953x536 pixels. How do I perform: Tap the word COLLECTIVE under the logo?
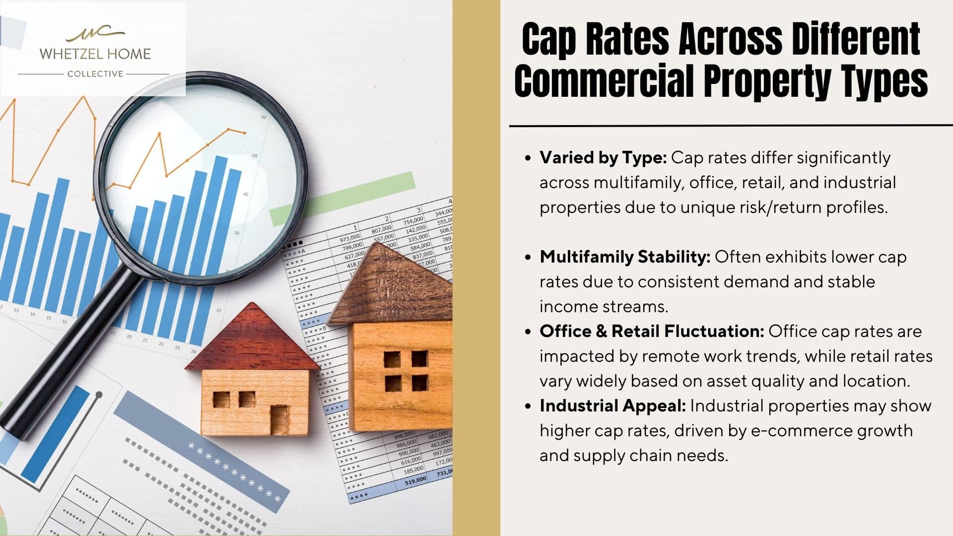click(x=95, y=74)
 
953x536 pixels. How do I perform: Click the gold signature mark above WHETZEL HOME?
click(x=95, y=34)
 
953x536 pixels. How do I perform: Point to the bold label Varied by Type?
click(x=603, y=158)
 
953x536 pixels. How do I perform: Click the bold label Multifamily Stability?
click(x=625, y=257)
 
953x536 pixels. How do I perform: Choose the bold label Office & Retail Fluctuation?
click(x=652, y=332)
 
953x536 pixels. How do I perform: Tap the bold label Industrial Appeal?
click(x=613, y=406)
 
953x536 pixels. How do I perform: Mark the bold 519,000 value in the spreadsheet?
click(x=415, y=480)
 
